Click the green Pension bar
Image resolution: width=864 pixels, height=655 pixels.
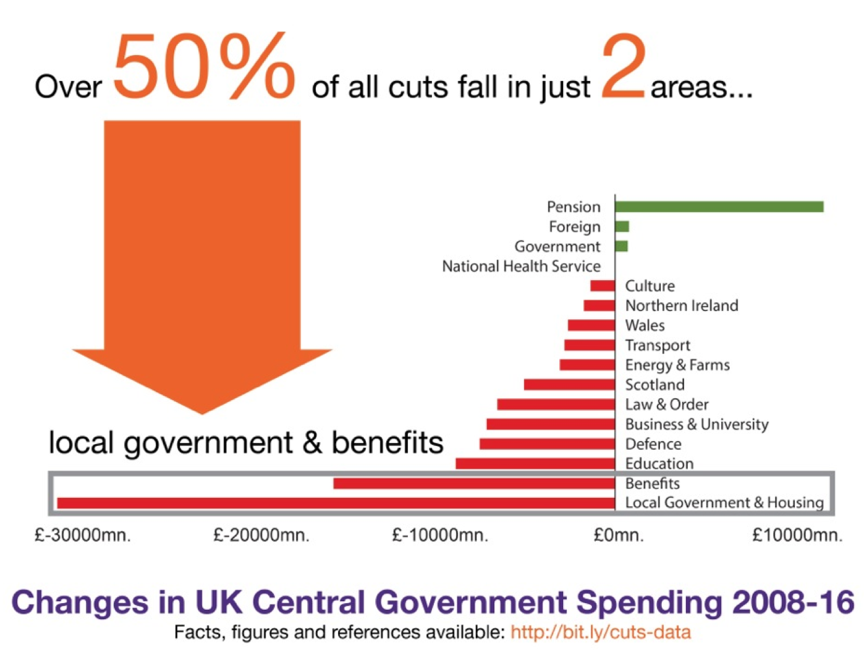click(719, 207)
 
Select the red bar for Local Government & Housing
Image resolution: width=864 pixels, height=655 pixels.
click(336, 503)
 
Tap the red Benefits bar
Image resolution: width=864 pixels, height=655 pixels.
click(474, 483)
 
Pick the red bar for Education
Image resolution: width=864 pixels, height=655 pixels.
click(535, 463)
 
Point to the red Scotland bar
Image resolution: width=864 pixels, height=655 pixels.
click(569, 385)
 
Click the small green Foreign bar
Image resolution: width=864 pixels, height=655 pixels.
click(622, 226)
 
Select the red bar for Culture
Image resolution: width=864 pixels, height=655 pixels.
click(603, 286)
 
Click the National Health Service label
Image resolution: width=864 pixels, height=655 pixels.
click(521, 266)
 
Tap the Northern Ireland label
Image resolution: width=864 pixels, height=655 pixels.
click(682, 306)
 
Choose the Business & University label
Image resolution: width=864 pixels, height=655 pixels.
click(697, 424)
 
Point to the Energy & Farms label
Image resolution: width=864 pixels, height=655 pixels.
click(677, 365)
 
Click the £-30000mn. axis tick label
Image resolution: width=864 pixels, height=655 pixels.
click(83, 535)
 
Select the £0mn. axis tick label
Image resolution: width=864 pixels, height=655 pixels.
click(619, 535)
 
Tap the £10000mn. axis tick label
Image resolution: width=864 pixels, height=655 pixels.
click(797, 535)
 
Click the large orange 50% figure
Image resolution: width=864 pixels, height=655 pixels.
click(204, 67)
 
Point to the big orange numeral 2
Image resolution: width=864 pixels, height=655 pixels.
click(623, 67)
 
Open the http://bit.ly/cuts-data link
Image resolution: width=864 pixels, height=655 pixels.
click(600, 632)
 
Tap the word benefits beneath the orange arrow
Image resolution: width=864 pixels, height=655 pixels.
click(388, 443)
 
